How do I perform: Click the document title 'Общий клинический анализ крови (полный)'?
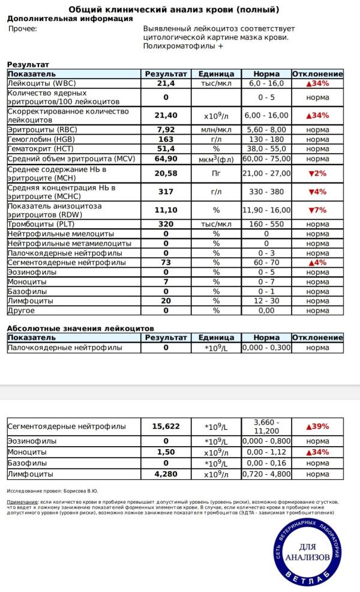[173, 10]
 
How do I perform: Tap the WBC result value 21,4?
[166, 83]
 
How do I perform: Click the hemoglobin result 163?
[166, 139]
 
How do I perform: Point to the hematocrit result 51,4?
[166, 149]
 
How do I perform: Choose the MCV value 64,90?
[166, 159]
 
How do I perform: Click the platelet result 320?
[166, 224]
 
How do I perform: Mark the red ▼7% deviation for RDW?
[317, 210]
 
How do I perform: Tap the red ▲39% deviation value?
[317, 426]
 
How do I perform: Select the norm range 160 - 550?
[266, 224]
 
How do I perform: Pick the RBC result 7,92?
[166, 130]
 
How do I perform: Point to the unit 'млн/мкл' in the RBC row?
[216, 130]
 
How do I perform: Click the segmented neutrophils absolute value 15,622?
[166, 426]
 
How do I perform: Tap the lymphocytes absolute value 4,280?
[166, 474]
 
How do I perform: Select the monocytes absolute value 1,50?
[166, 452]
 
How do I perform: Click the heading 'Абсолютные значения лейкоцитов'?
[80, 328]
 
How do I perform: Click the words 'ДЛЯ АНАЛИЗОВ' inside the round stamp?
[307, 552]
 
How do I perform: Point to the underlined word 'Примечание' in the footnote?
[21, 501]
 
